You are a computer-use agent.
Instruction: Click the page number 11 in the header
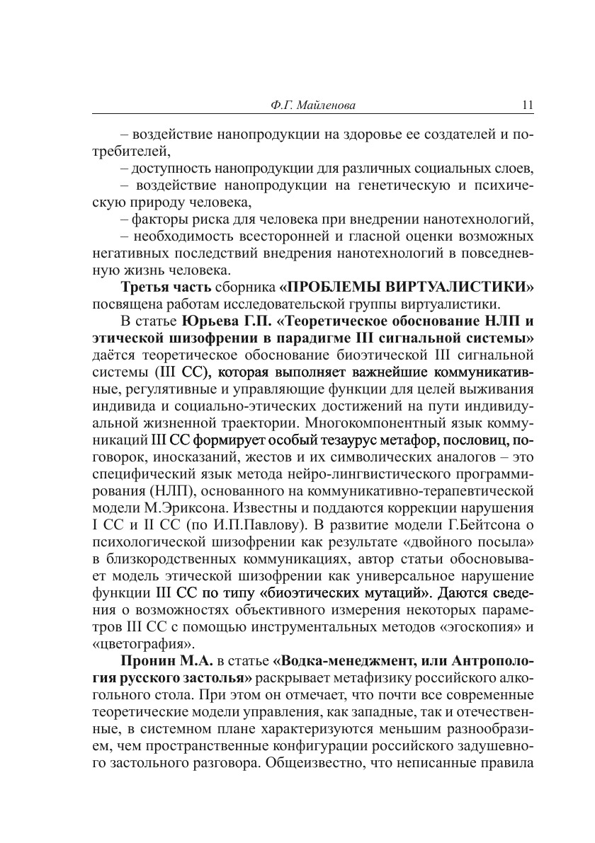point(527,106)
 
